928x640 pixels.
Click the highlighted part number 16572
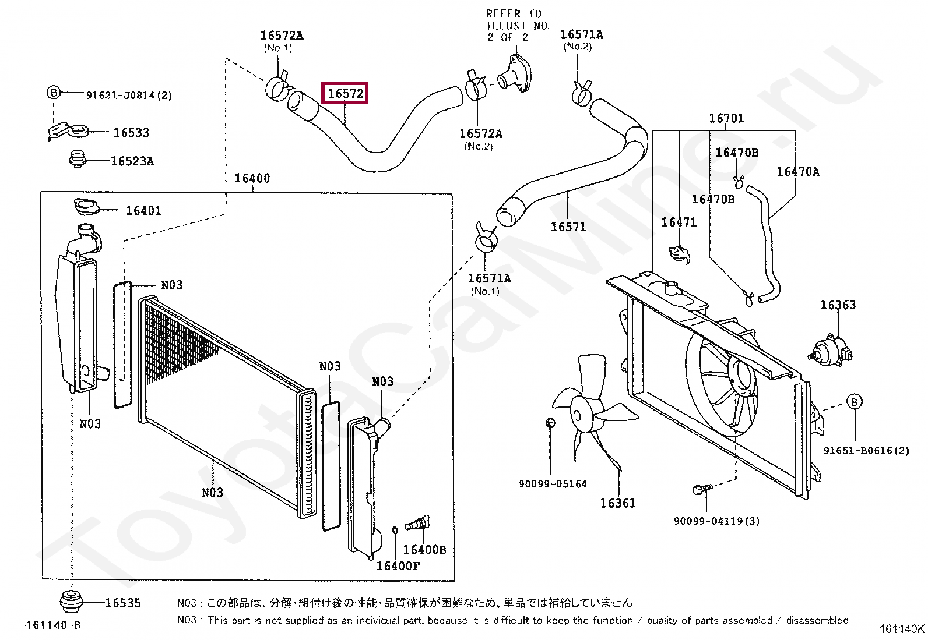tap(345, 93)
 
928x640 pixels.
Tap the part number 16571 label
tap(568, 227)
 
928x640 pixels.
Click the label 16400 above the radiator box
tap(252, 178)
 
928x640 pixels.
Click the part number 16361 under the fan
tap(618, 503)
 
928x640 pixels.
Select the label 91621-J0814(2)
tap(129, 95)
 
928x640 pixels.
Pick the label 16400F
tap(398, 566)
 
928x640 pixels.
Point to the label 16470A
tap(797, 172)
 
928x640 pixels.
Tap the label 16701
tap(726, 118)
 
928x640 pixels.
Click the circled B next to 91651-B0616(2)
tap(854, 402)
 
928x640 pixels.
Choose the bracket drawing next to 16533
tap(65, 130)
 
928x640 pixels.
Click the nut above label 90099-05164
tap(550, 423)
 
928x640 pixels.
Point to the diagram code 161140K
tap(901, 629)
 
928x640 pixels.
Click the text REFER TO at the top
tap(514, 13)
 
